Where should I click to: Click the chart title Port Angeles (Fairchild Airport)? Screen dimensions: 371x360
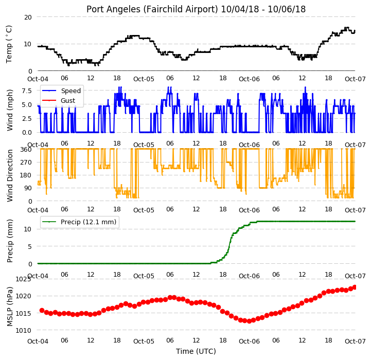click(x=152, y=9)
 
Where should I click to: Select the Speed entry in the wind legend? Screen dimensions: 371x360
click(x=70, y=91)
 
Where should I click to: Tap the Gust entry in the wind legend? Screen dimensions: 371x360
click(x=68, y=100)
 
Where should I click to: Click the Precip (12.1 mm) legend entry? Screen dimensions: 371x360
click(x=89, y=222)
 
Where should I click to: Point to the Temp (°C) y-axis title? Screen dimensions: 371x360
click(x=9, y=44)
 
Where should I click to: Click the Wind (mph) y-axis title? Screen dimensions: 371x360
click(x=9, y=110)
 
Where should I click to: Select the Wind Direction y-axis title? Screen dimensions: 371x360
click(x=9, y=175)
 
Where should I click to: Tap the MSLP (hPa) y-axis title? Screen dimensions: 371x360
click(x=9, y=307)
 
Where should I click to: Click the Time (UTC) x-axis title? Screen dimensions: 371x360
click(x=196, y=351)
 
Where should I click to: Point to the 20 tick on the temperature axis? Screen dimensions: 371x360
click(x=28, y=17)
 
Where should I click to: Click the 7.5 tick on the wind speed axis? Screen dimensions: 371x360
click(x=27, y=91)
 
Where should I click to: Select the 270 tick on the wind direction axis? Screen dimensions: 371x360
click(x=27, y=163)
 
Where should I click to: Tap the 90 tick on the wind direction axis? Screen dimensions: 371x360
click(x=28, y=188)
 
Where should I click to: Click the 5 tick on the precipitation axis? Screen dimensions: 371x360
click(x=30, y=247)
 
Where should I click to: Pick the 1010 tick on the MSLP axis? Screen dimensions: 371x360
click(x=24, y=331)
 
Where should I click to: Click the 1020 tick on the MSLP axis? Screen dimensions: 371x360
click(x=24, y=296)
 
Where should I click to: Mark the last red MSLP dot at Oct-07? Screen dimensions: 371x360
click(x=355, y=287)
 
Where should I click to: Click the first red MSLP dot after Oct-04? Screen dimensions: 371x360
click(x=42, y=310)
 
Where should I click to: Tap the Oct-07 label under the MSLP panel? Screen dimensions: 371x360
click(x=355, y=341)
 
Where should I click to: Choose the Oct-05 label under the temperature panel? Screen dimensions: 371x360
click(x=144, y=79)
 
